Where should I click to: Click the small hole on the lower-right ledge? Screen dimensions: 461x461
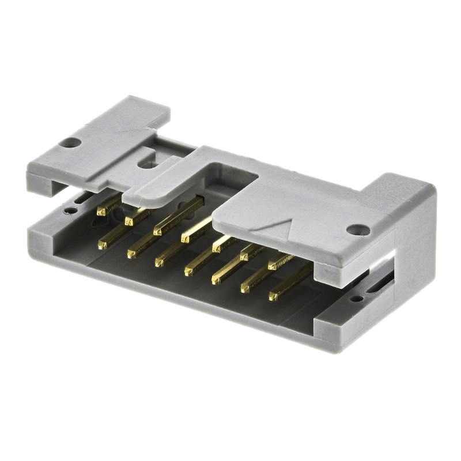pyautogui.click(x=359, y=298)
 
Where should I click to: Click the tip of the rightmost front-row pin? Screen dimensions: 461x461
pyautogui.click(x=273, y=297)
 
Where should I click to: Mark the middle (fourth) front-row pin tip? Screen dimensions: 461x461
pyautogui.click(x=189, y=270)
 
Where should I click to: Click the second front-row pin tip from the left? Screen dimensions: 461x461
pyautogui.click(x=131, y=252)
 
